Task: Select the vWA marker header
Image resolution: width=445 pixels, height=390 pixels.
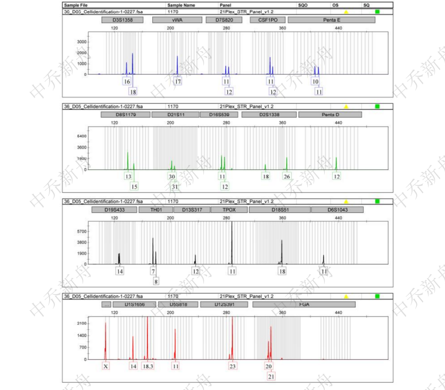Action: pyautogui.click(x=177, y=20)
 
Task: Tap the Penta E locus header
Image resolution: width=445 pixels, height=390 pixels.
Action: pyautogui.click(x=332, y=20)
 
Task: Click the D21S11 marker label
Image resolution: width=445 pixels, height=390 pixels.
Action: pyautogui.click(x=175, y=114)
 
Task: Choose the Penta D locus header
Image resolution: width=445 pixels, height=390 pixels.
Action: pyautogui.click(x=330, y=114)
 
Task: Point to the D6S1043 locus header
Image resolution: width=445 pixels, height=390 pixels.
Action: pyautogui.click(x=337, y=210)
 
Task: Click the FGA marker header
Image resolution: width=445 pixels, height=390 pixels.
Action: pyautogui.click(x=304, y=304)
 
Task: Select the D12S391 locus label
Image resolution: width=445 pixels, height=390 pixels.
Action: pyautogui.click(x=224, y=304)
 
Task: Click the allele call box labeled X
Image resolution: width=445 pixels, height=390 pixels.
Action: pyautogui.click(x=106, y=366)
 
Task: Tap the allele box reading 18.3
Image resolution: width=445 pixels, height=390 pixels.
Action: pyautogui.click(x=148, y=366)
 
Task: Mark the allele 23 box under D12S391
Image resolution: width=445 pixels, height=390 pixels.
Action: pyautogui.click(x=233, y=366)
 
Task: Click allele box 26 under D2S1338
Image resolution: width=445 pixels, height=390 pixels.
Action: pyautogui.click(x=287, y=176)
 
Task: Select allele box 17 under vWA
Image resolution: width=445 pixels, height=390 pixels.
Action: pyautogui.click(x=178, y=81)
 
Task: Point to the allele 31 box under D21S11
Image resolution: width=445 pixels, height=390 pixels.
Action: pyautogui.click(x=175, y=186)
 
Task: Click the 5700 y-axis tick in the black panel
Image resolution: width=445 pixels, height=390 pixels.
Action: pyautogui.click(x=81, y=231)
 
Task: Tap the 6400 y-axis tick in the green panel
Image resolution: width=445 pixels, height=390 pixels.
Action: pyautogui.click(x=81, y=136)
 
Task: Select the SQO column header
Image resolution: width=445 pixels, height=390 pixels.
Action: pyautogui.click(x=303, y=5)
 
